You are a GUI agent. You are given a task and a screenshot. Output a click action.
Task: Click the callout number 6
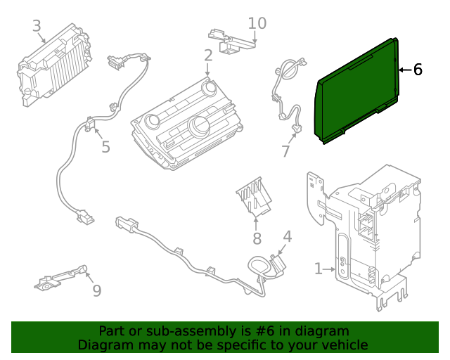pos(418,69)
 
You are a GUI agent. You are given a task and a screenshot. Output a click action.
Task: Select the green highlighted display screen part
pos(359,91)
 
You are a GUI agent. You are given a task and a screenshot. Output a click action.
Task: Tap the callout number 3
pos(37,27)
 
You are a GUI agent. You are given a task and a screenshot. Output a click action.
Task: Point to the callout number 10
pos(257,23)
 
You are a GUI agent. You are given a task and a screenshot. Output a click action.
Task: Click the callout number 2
pos(208,55)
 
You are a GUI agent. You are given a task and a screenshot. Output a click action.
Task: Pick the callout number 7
pos(285,151)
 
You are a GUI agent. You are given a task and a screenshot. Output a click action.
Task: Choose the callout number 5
pos(105,146)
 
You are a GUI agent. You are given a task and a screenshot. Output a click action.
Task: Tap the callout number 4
pos(288,236)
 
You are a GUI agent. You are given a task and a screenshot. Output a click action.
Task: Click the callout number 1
pos(319,268)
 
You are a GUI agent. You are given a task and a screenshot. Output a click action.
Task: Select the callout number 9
pos(96,290)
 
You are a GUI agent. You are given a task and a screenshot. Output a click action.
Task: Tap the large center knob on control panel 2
pos(198,127)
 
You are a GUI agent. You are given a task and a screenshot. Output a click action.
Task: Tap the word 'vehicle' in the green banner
pos(344,345)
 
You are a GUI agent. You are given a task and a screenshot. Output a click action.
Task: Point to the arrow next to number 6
pos(403,70)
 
